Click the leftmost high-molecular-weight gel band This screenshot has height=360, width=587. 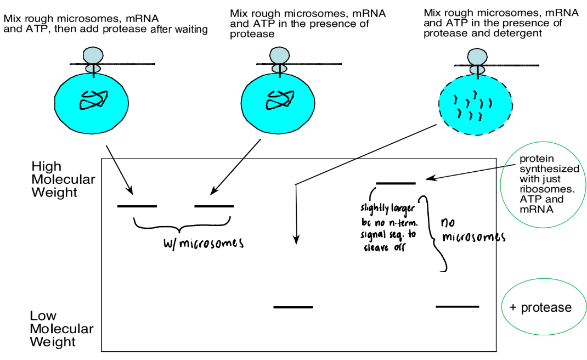(x=137, y=206)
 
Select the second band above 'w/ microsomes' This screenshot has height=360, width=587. (x=214, y=206)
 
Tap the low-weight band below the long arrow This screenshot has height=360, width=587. (x=293, y=307)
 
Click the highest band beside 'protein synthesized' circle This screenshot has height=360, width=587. (x=396, y=183)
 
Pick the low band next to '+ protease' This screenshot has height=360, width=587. (x=457, y=306)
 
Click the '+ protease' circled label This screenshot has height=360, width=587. (x=540, y=308)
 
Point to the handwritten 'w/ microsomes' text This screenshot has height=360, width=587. (x=204, y=243)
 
